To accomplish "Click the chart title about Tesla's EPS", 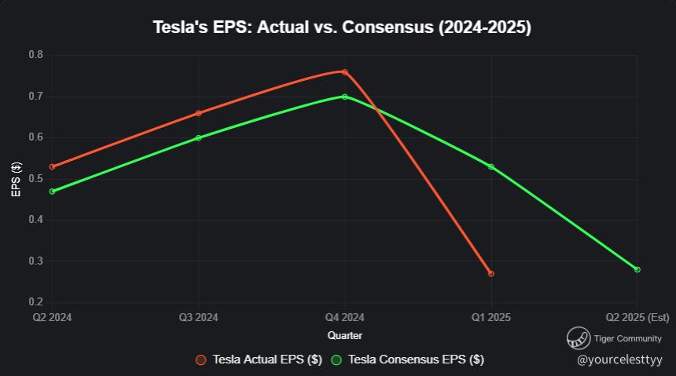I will [342, 28].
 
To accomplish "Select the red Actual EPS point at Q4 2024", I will [344, 72].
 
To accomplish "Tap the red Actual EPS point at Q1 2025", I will [491, 273].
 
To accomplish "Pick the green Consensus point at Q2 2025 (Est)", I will [637, 269].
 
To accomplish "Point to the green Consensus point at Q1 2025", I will [491, 166].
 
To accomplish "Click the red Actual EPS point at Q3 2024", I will [198, 113].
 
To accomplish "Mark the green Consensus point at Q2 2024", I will [52, 191].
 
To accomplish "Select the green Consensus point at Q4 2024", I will [344, 97].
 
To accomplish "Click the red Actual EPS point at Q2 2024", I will [52, 166].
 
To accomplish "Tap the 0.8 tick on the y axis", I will [36, 55].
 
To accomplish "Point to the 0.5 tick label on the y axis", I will [36, 179].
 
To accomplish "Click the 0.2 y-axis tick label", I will [36, 302].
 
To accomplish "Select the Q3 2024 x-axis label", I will [198, 317].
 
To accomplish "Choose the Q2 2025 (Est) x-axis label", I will [637, 317].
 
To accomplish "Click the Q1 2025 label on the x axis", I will [491, 317].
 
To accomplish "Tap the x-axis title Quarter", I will [344, 335].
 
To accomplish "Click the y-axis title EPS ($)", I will [16, 179].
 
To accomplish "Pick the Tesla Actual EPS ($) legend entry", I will [259, 360].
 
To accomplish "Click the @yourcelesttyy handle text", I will [620, 360].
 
